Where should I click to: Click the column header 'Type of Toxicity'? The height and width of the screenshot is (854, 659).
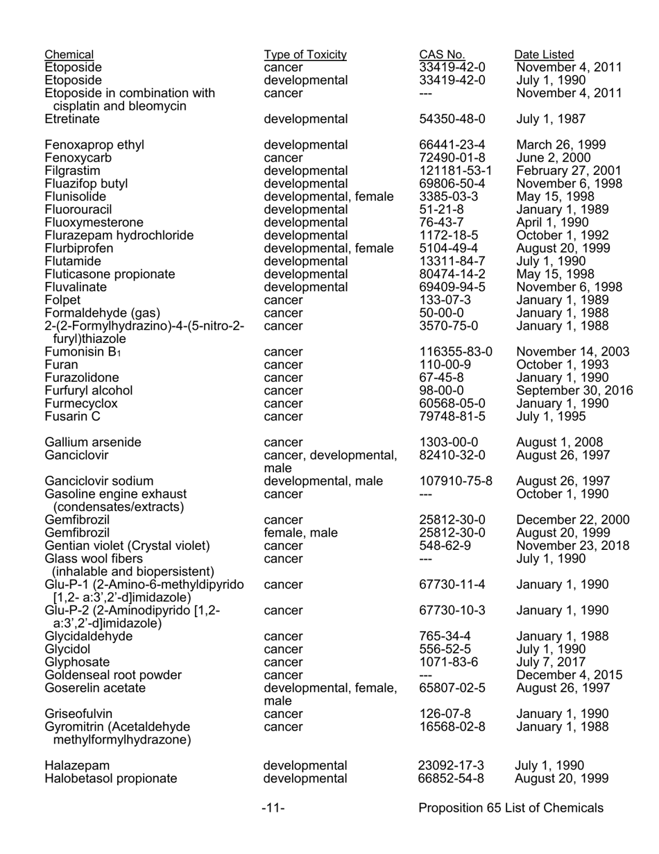click(x=305, y=55)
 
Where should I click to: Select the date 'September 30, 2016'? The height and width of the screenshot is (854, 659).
click(x=575, y=391)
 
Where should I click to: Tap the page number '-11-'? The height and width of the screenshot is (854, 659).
click(x=273, y=808)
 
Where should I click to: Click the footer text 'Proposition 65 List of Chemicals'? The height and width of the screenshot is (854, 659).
click(x=511, y=808)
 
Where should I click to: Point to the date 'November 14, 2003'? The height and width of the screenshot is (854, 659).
click(x=573, y=352)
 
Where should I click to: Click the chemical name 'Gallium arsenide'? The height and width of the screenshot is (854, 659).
click(x=93, y=442)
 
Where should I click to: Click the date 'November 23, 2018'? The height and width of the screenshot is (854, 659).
click(x=573, y=546)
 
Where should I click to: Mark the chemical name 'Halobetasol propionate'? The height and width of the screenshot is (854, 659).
click(x=111, y=778)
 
